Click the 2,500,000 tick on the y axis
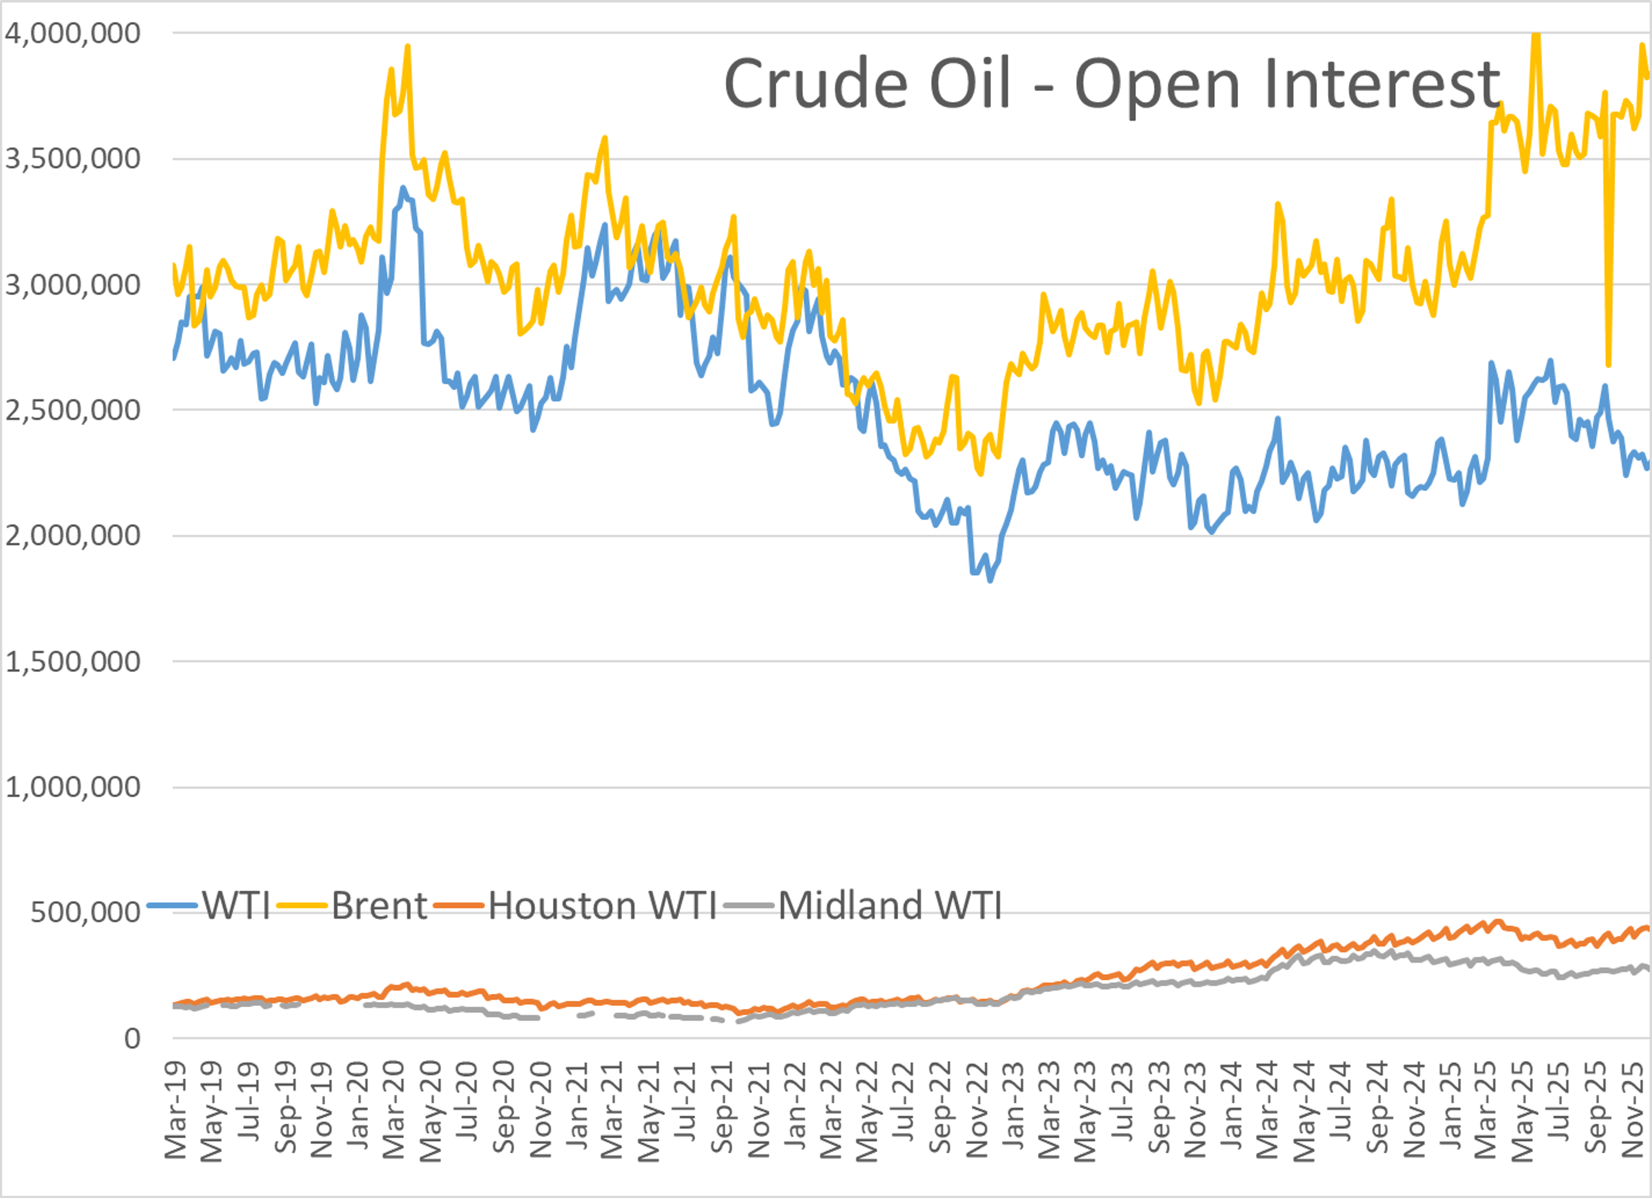72,410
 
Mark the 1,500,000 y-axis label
72,662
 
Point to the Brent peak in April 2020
407,46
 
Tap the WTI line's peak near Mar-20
403,188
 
